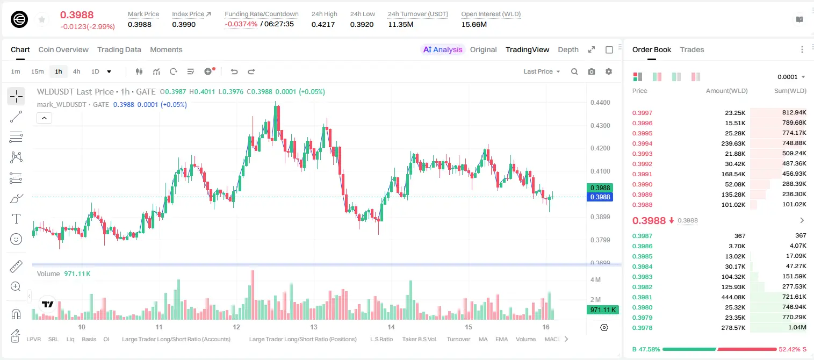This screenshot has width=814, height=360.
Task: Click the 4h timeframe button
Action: click(76, 71)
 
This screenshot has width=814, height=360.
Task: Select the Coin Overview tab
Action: click(63, 49)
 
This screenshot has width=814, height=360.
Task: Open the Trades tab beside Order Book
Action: click(692, 49)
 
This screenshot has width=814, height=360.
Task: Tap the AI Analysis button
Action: click(443, 49)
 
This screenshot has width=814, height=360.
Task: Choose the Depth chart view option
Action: click(568, 49)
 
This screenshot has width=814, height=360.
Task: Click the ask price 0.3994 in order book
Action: click(642, 143)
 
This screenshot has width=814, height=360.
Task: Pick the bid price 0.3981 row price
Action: click(642, 297)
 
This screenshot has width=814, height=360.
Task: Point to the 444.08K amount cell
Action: click(733, 297)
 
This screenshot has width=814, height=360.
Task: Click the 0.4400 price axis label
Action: click(600, 103)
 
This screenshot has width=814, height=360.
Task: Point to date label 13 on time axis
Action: click(314, 327)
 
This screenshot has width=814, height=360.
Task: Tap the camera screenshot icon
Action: click(592, 71)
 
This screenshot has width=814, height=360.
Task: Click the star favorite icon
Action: click(42, 19)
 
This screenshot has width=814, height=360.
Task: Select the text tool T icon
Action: click(16, 219)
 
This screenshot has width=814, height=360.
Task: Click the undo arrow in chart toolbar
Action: click(234, 71)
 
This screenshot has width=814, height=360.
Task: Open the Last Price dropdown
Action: click(542, 71)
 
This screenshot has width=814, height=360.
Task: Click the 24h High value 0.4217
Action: click(323, 24)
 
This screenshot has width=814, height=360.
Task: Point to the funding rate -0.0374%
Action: click(241, 24)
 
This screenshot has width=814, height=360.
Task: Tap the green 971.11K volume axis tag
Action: click(603, 310)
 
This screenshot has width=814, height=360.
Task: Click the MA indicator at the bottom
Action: click(483, 339)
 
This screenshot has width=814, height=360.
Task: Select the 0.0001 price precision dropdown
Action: click(791, 77)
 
